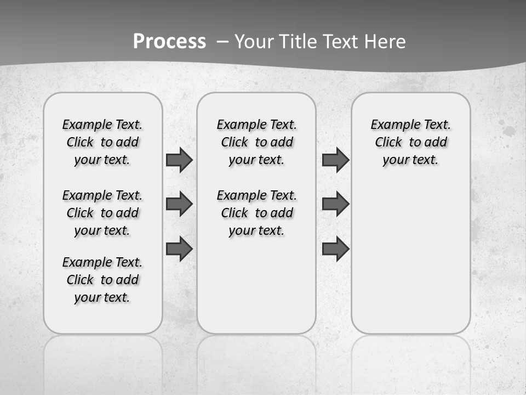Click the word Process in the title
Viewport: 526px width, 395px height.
tap(169, 41)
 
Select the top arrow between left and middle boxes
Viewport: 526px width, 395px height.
tap(179, 160)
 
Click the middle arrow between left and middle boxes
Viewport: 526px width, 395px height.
tap(179, 204)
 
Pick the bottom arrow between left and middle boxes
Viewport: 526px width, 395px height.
tap(179, 249)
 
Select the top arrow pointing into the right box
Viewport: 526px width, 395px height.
tap(335, 160)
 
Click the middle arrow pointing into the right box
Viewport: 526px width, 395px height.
tap(335, 204)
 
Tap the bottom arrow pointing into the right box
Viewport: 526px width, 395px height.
tap(335, 249)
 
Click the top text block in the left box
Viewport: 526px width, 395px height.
tap(102, 142)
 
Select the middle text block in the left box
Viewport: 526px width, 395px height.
tap(102, 213)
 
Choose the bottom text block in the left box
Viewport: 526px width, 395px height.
tap(102, 280)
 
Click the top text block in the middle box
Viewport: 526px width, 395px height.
tap(256, 142)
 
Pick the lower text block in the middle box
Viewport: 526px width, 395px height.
tap(256, 213)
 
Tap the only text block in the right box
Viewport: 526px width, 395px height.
tap(410, 142)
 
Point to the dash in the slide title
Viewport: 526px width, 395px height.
tap(222, 41)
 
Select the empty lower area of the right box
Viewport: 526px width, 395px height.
tap(410, 258)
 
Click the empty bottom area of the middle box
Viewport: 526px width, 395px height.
tap(256, 291)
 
